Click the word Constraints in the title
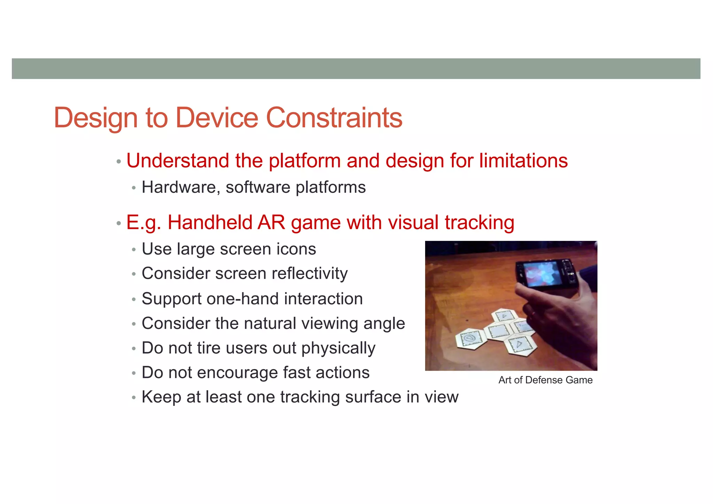click(x=334, y=118)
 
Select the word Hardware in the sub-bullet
click(x=181, y=187)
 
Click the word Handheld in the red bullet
click(x=210, y=222)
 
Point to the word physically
click(x=338, y=348)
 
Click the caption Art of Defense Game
click(x=545, y=380)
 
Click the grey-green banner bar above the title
click(x=356, y=69)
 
